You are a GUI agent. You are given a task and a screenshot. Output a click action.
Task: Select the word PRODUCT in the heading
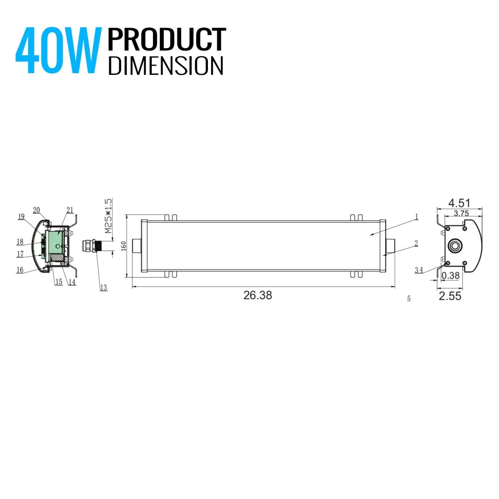tap(167, 40)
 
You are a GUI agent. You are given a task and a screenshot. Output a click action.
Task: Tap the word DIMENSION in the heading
tap(166, 66)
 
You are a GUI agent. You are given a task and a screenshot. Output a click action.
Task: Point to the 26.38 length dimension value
tap(257, 295)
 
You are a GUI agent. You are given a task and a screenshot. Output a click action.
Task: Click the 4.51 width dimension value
tap(459, 203)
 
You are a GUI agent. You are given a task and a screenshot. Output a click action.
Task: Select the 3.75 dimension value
tap(462, 213)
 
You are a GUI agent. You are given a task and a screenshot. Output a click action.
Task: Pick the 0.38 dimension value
tap(450, 275)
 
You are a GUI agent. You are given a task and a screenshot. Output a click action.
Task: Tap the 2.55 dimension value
tap(450, 296)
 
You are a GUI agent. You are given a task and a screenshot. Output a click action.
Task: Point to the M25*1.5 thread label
tap(108, 216)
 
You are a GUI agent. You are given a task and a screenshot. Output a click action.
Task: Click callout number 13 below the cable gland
tap(103, 288)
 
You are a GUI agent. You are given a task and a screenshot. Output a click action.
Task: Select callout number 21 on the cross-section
tap(70, 210)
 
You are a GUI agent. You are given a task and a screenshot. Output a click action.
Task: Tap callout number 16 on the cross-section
tap(20, 270)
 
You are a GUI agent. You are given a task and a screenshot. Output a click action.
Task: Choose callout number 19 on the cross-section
tap(21, 216)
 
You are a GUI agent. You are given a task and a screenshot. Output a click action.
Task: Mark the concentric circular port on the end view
tap(454, 246)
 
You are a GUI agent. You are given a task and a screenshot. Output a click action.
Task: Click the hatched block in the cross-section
tap(56, 258)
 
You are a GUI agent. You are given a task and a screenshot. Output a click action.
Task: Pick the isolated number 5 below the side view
tap(409, 299)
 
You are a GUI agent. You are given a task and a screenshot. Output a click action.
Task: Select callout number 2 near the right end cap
tap(416, 243)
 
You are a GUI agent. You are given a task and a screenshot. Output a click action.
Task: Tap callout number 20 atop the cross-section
tap(36, 210)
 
